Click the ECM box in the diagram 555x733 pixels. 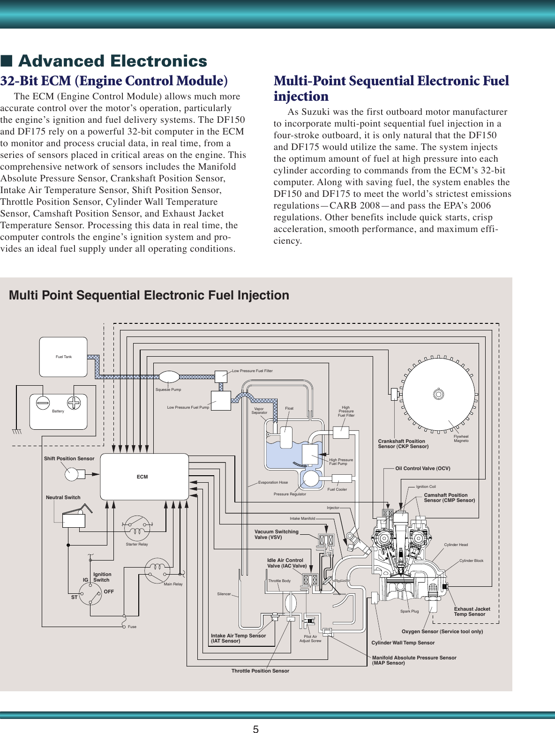point(144,477)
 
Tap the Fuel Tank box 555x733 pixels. point(63,357)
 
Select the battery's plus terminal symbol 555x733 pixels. point(74,403)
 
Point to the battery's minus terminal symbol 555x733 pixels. point(43,403)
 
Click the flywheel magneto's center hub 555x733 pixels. point(438,394)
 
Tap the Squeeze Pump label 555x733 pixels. point(168,389)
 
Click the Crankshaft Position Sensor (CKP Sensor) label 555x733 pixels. point(403,444)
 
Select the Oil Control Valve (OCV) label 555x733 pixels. point(422,468)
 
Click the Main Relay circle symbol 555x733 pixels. point(157,570)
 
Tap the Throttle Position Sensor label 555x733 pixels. point(260,671)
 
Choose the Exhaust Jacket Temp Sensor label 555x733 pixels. point(472,612)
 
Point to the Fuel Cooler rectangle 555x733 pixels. point(342,479)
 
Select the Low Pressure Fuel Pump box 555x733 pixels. point(221,401)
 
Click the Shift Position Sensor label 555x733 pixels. point(69,458)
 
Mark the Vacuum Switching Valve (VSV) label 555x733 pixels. point(276,534)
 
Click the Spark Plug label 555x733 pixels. point(409,611)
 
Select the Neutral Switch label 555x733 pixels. point(63,497)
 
